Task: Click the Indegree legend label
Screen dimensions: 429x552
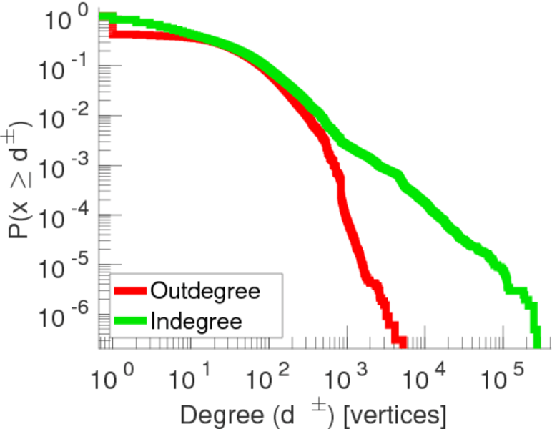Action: point(196,321)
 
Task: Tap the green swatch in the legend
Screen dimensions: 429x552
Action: point(130,321)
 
